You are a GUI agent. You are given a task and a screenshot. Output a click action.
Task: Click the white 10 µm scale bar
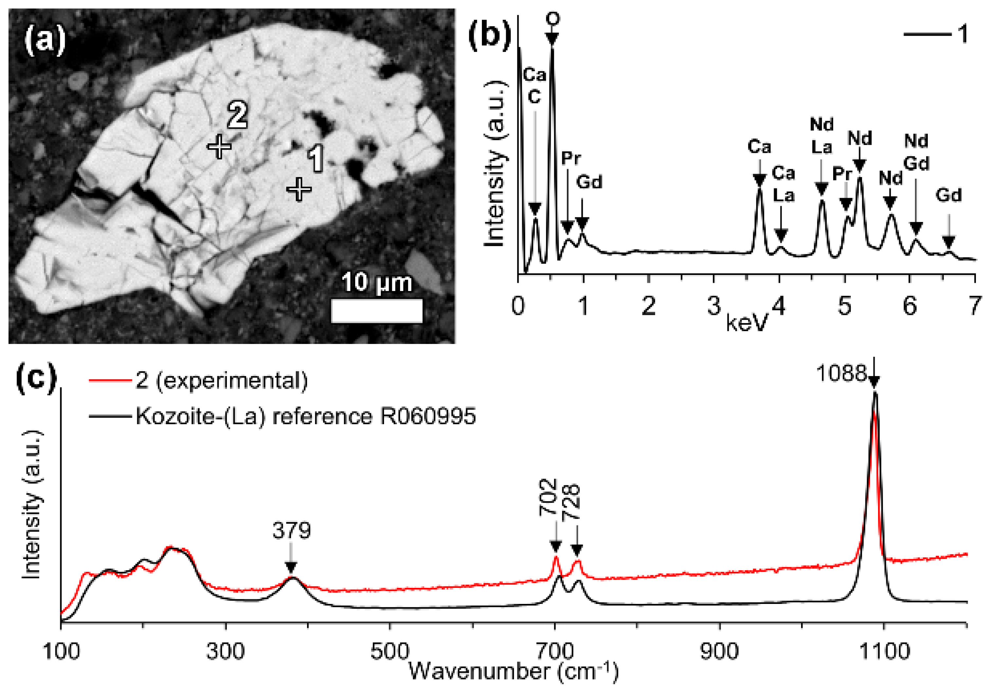click(x=376, y=310)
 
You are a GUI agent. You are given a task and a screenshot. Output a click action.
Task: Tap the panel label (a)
click(x=45, y=40)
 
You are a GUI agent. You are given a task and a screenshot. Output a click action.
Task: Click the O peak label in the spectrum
click(x=552, y=19)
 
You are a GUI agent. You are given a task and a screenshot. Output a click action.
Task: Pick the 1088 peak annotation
click(x=841, y=373)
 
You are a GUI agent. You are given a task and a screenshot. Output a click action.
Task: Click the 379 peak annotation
click(x=291, y=530)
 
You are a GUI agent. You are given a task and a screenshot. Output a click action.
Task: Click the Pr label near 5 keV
click(x=842, y=174)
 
